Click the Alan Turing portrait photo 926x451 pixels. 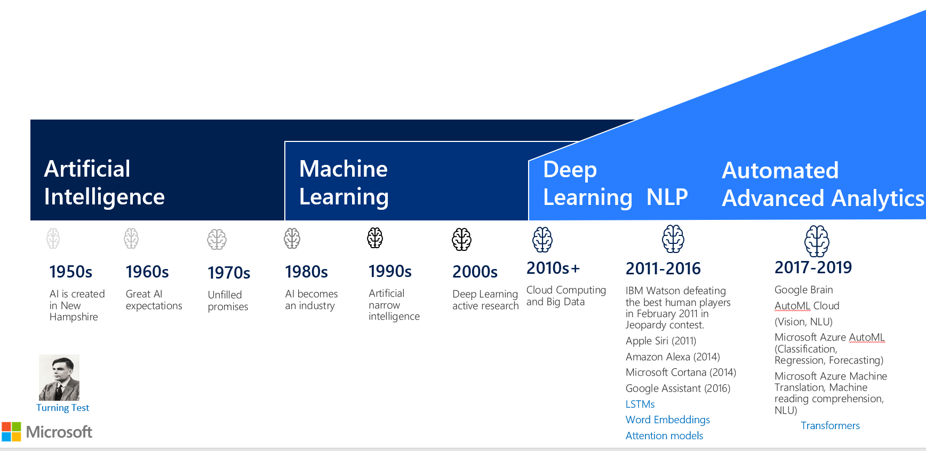pos(59,377)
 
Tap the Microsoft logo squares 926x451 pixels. pos(11,432)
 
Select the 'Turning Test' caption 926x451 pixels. pos(62,408)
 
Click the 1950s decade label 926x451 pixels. pos(71,272)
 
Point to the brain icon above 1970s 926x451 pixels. pos(217,240)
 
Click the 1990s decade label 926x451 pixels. pos(390,272)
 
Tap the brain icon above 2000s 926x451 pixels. pos(461,239)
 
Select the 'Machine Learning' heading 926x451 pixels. pos(344,183)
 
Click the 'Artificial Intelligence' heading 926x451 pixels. pos(105,183)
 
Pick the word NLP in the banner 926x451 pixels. pos(667,197)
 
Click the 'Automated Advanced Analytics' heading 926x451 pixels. pos(821,185)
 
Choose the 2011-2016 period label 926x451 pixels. pos(663,268)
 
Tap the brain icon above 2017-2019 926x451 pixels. pos(817,241)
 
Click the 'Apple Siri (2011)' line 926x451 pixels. pos(661,341)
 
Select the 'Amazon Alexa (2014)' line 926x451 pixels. pos(673,357)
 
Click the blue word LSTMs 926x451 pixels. pos(640,404)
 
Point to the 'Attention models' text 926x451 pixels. pos(664,436)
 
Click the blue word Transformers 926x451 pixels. pos(830,425)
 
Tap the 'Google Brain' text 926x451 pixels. pos(803,290)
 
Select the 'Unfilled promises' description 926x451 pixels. pos(228,300)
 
